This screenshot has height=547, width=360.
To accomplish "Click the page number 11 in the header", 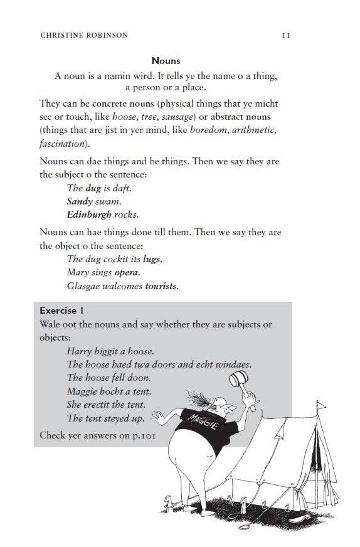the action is (x=285, y=35).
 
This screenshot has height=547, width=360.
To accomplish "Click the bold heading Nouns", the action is (x=166, y=61).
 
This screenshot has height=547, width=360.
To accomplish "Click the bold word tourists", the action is (x=161, y=286).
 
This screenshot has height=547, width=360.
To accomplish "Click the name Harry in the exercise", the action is (x=79, y=351).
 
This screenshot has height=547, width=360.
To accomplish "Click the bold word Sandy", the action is (x=79, y=201).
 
